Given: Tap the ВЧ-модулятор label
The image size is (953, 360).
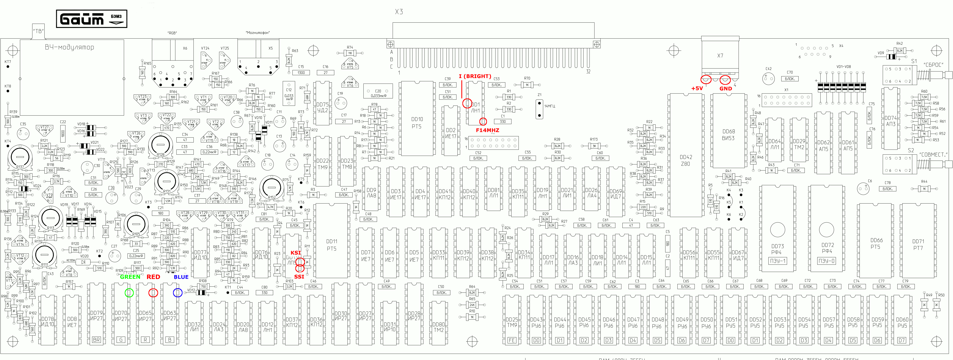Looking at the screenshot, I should [x=70, y=47].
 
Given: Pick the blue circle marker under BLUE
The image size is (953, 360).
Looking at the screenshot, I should [x=178, y=293].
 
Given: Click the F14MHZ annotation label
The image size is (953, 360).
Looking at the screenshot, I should [x=487, y=130].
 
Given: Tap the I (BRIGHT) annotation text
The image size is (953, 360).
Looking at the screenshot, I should [x=475, y=76].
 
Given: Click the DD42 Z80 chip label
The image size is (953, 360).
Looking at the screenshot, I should [x=686, y=160].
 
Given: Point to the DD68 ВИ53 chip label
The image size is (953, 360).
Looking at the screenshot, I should [x=728, y=135].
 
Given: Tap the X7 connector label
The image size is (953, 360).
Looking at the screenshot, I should [x=720, y=56].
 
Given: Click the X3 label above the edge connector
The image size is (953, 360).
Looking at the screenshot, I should [x=399, y=12].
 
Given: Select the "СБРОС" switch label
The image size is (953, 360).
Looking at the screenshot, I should [x=933, y=65].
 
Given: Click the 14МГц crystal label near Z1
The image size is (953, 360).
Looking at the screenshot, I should [x=549, y=106].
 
